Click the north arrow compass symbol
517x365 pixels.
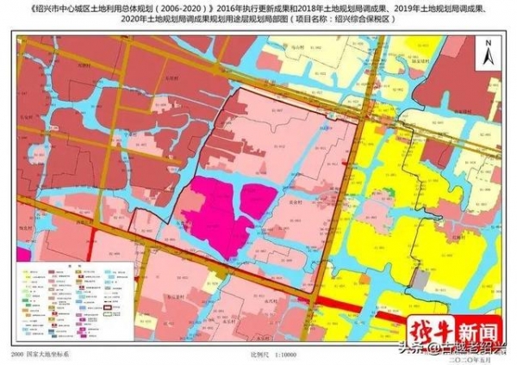point(489,53)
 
